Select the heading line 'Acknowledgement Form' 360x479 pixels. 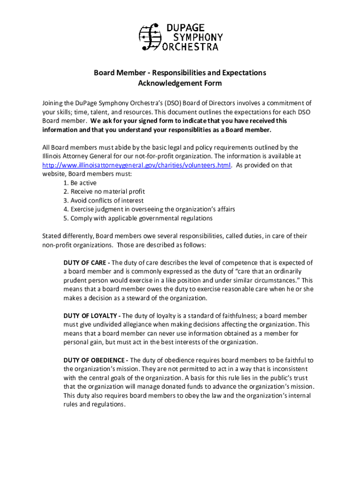click(x=180, y=84)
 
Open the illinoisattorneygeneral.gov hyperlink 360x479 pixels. click(x=136, y=165)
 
